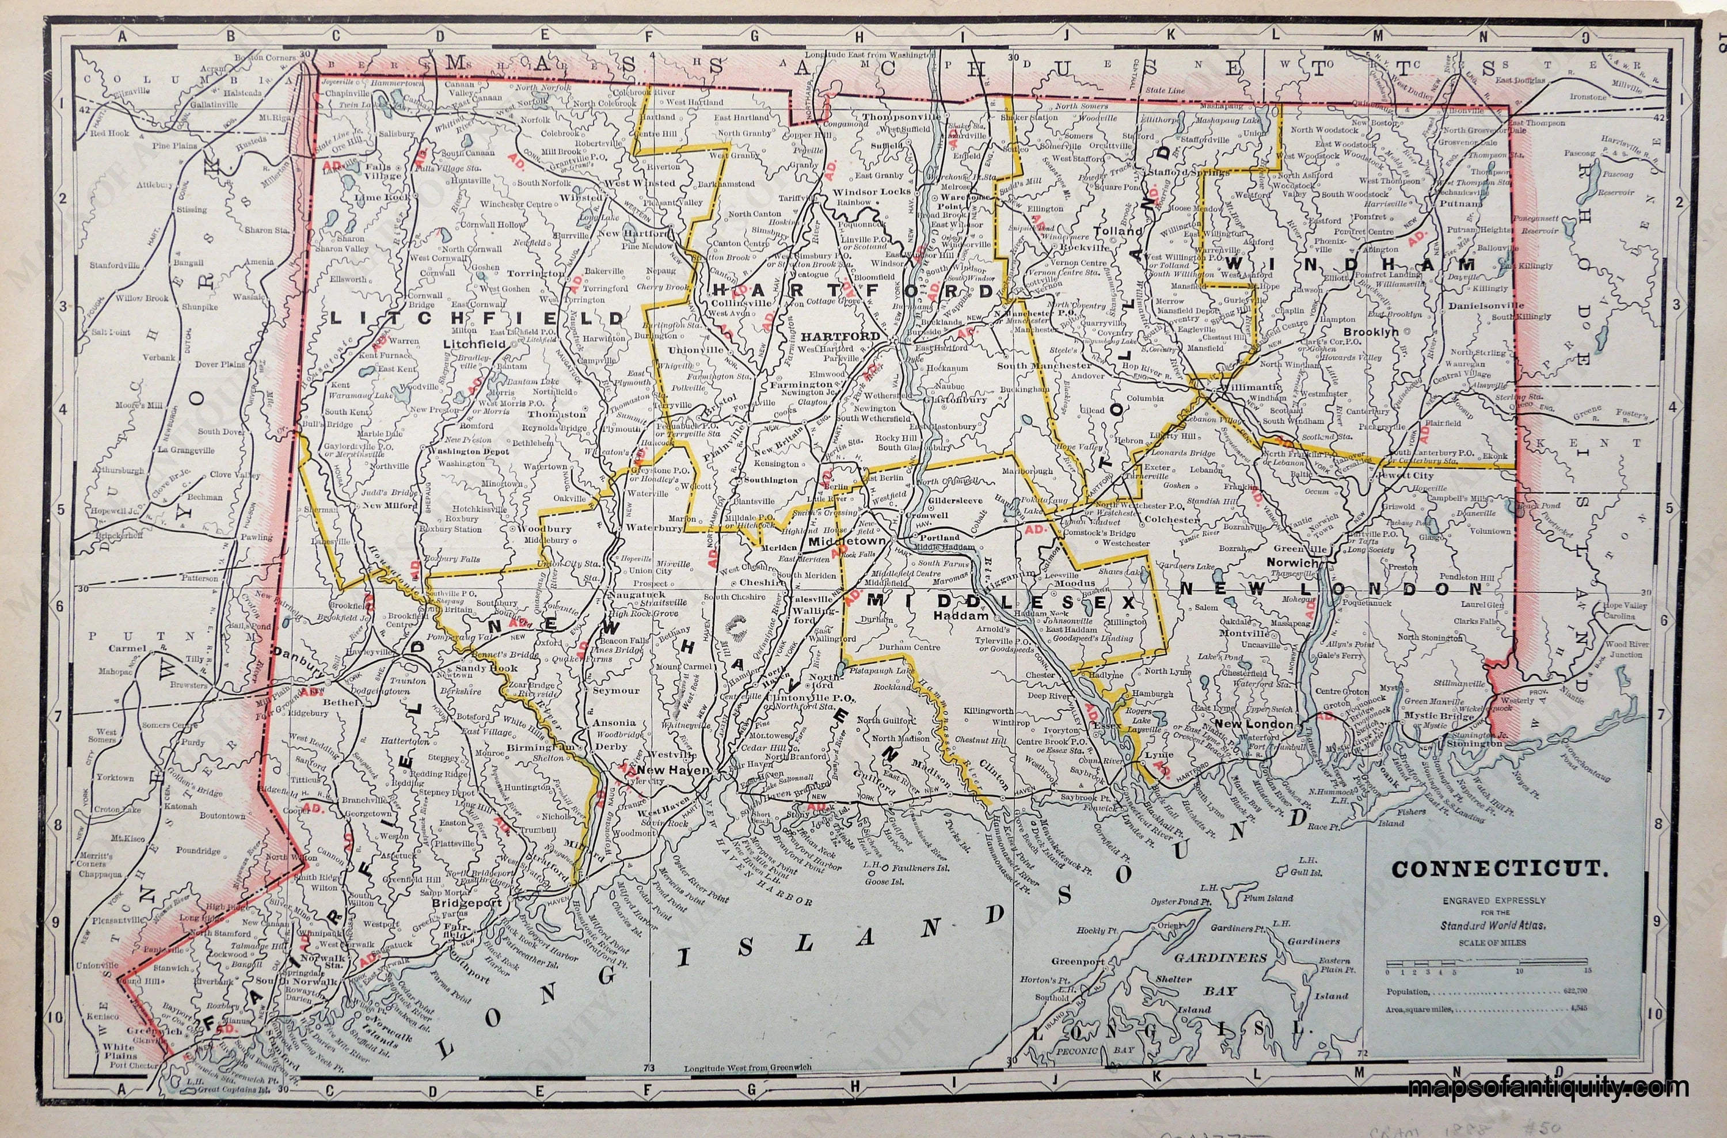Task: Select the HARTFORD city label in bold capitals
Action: [840, 336]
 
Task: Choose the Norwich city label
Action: [1292, 562]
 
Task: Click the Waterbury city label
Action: [655, 528]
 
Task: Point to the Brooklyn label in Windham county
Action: [1371, 332]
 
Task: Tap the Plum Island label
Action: [1268, 898]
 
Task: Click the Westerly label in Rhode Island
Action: [1513, 701]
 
